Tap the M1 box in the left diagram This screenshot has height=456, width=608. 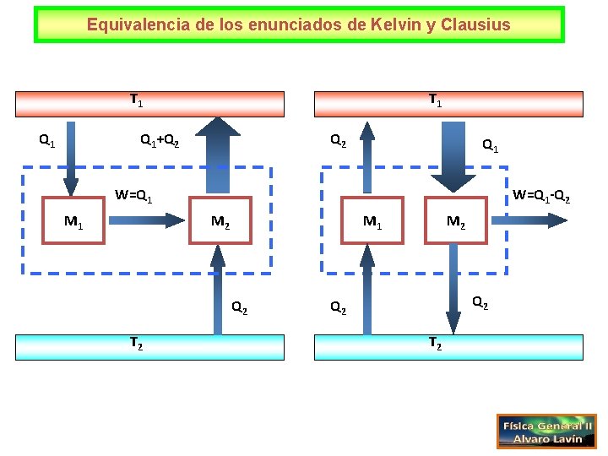click(75, 222)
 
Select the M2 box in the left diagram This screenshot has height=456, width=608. click(220, 222)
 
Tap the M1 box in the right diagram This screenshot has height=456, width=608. click(371, 222)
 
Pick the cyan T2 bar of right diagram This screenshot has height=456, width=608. click(448, 346)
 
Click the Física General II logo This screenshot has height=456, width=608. click(546, 431)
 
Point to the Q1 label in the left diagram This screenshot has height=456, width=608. click(47, 139)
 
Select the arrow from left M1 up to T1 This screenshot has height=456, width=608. click(71, 160)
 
